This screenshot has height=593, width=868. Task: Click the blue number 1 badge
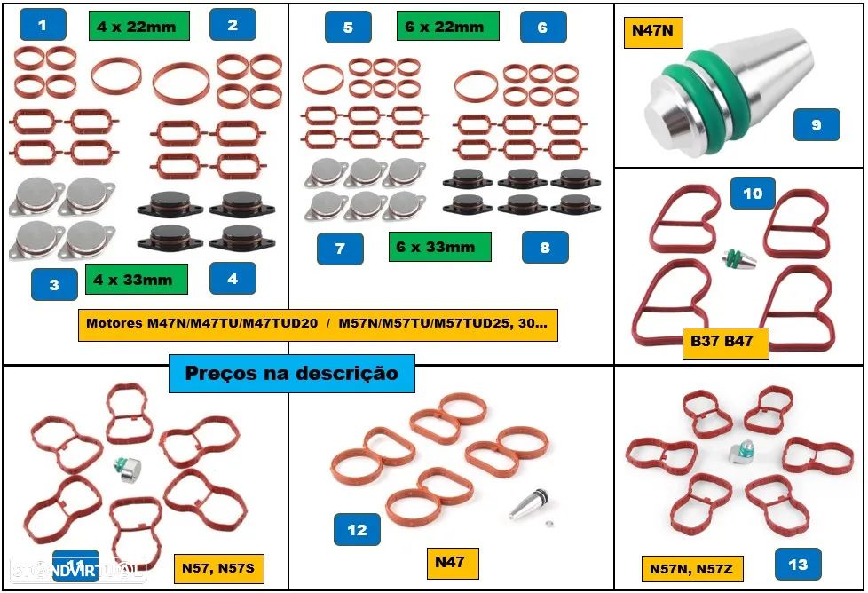click(43, 25)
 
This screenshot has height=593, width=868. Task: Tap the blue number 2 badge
click(233, 25)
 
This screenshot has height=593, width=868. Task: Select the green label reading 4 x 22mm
click(138, 26)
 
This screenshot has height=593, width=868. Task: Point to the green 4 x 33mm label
click(136, 280)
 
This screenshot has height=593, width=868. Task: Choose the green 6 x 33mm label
click(439, 246)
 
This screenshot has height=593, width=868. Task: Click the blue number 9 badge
click(817, 125)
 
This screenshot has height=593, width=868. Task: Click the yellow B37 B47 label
click(724, 341)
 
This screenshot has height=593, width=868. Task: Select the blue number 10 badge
click(753, 194)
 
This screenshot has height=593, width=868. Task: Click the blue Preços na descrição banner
click(292, 374)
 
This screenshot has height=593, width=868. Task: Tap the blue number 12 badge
click(357, 530)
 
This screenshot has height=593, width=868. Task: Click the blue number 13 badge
click(798, 564)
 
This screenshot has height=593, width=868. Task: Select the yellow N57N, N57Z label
click(691, 567)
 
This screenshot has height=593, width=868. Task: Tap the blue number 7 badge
click(340, 249)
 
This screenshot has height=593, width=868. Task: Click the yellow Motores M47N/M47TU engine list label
click(317, 324)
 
